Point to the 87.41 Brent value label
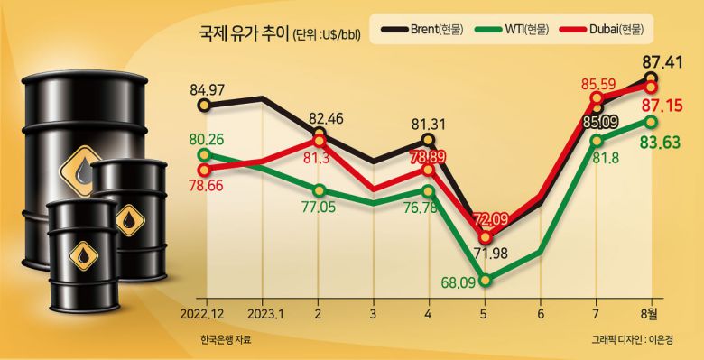(661, 63)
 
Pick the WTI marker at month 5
(486, 280)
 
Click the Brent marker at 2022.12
(205, 106)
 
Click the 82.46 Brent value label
(324, 119)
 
